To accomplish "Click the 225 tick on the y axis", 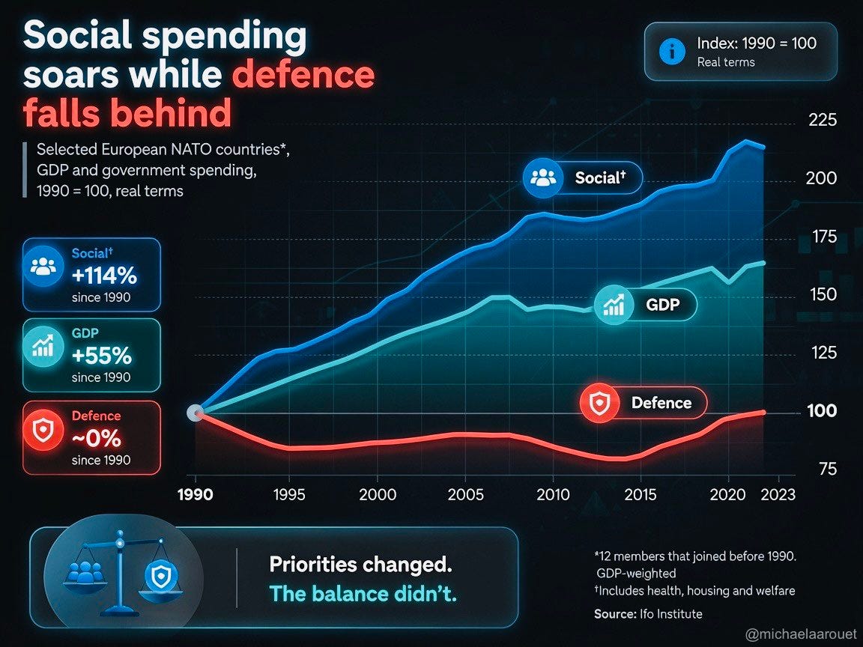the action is pyautogui.click(x=823, y=119).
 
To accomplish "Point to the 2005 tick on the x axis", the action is pyautogui.click(x=466, y=494).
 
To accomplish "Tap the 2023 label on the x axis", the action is pyautogui.click(x=778, y=494).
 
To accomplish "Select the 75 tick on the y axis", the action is pyautogui.click(x=827, y=469).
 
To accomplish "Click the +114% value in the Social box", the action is pyautogui.click(x=104, y=275).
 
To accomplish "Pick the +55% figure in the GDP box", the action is pyautogui.click(x=102, y=356).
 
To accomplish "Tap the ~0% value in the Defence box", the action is pyautogui.click(x=97, y=439).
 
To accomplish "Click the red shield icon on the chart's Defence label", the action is pyautogui.click(x=599, y=403).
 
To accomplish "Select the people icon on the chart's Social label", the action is pyautogui.click(x=542, y=177).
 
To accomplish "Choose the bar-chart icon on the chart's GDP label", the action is pyautogui.click(x=613, y=304).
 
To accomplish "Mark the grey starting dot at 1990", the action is pyautogui.click(x=195, y=413).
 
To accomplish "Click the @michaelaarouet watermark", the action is pyautogui.click(x=801, y=634).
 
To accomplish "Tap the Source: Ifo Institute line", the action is pyautogui.click(x=648, y=614).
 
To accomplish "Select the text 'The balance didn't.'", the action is pyautogui.click(x=363, y=594).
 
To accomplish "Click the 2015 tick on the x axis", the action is pyautogui.click(x=641, y=494).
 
